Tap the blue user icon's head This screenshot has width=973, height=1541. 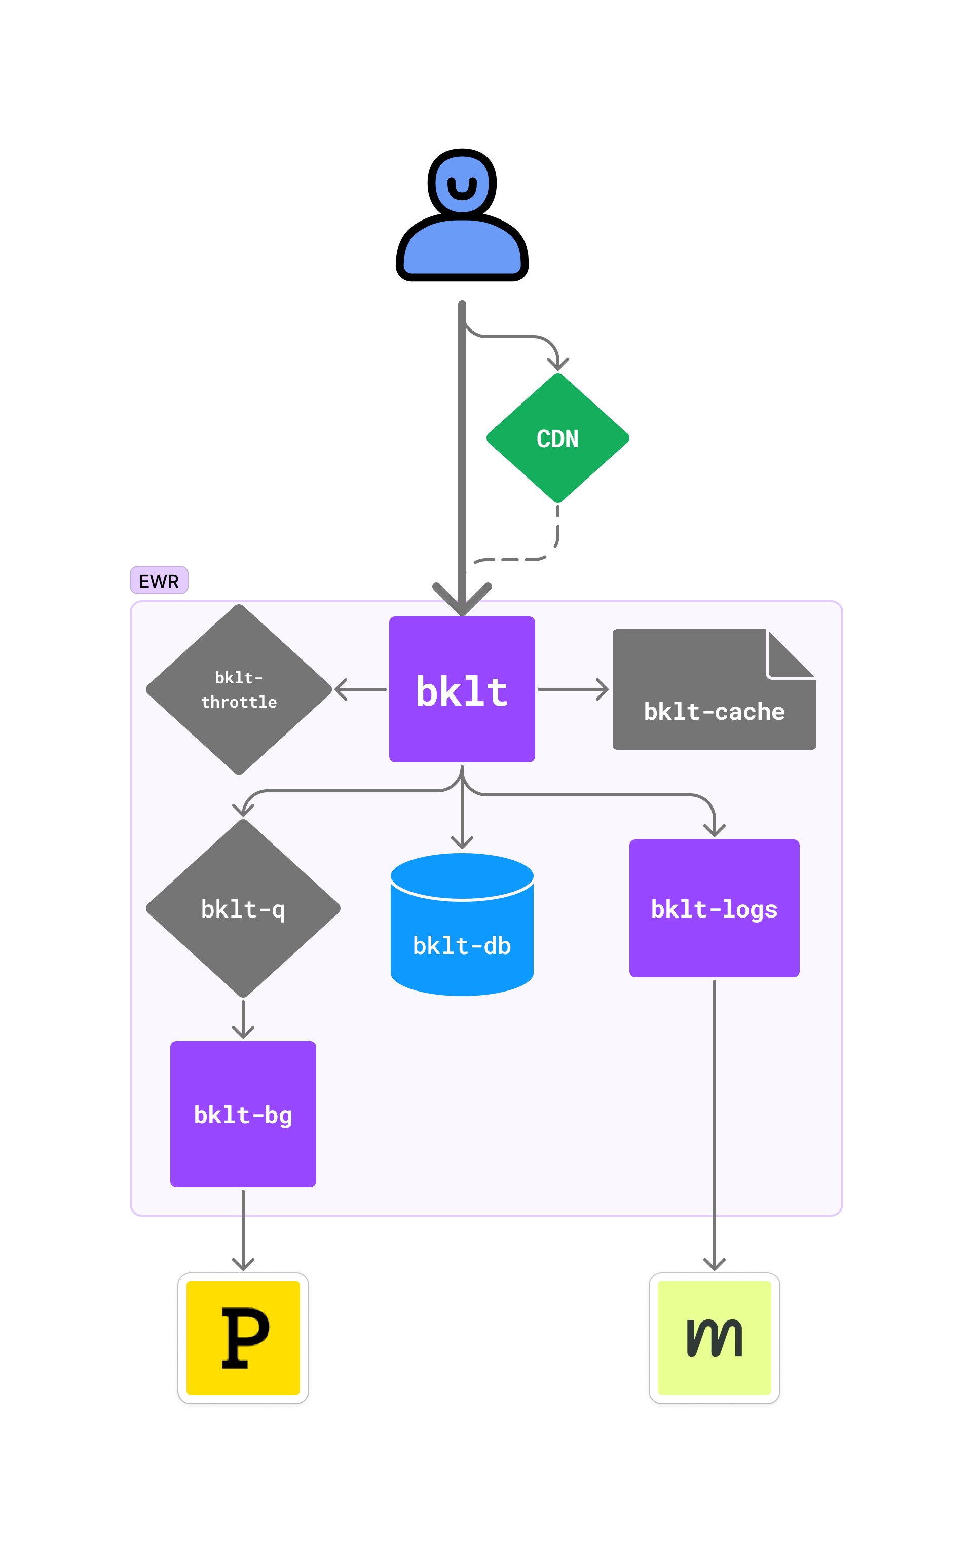[x=462, y=183]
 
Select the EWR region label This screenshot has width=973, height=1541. [x=159, y=580]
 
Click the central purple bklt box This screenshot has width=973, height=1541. [x=462, y=689]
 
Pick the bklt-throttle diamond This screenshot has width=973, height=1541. [x=239, y=689]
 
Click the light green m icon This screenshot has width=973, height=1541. [x=714, y=1338]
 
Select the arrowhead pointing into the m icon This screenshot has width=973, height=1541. [x=714, y=1264]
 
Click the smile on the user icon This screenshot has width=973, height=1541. [x=462, y=189]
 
